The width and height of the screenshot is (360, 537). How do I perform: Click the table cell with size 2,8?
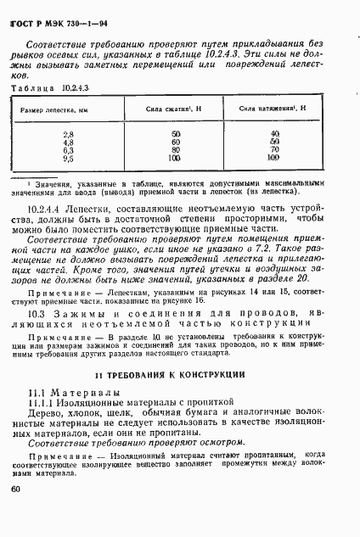click(x=69, y=135)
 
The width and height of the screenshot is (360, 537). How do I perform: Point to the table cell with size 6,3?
click(x=69, y=150)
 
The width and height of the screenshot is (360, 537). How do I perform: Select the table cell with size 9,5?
click(x=69, y=158)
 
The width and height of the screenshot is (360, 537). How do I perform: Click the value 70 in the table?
click(x=273, y=150)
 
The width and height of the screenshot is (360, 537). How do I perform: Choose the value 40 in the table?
click(x=273, y=135)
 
